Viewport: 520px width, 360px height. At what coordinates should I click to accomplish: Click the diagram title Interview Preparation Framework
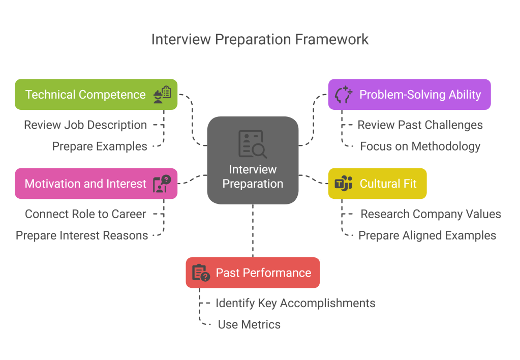(260, 40)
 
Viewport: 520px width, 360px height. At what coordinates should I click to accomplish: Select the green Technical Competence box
(96, 95)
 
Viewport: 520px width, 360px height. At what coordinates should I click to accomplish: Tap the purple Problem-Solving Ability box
(409, 95)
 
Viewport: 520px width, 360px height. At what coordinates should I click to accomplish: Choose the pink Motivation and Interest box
(96, 184)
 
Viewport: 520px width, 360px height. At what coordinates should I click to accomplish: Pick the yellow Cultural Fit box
(377, 184)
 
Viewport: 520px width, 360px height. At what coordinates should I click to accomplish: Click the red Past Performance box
(253, 273)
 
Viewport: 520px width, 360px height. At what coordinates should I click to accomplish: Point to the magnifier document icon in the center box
(253, 144)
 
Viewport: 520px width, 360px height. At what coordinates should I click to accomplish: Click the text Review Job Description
(85, 125)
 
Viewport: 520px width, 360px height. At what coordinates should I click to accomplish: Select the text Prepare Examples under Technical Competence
(100, 146)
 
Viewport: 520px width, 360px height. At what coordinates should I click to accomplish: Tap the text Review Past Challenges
(420, 125)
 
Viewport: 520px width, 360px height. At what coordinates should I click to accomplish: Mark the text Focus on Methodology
(420, 146)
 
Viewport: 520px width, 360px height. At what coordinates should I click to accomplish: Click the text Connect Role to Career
(85, 214)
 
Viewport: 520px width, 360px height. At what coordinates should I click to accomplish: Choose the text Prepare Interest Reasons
(82, 235)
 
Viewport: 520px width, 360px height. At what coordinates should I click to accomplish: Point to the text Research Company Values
(431, 214)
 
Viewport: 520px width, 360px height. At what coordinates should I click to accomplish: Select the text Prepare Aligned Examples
(427, 235)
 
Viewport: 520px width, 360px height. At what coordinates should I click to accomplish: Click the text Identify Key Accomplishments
(295, 303)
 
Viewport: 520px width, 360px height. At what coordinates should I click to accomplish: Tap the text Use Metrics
(249, 324)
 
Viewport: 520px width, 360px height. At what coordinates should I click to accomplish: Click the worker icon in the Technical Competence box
(162, 95)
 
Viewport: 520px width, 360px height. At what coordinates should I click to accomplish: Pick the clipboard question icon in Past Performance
(201, 273)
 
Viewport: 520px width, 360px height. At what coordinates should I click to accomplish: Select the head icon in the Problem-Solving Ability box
(344, 95)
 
